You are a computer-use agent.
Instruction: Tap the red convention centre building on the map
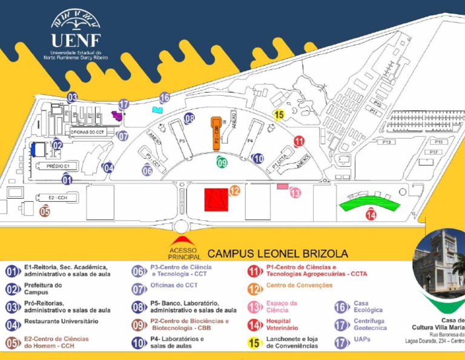(x=216, y=199)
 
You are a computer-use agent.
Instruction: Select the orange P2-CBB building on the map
(x=216, y=132)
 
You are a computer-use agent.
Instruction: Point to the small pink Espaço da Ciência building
(x=282, y=186)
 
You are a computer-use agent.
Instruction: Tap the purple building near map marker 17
(x=116, y=115)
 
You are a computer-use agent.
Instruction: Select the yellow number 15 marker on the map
(x=279, y=115)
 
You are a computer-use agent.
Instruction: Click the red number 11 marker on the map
(x=298, y=141)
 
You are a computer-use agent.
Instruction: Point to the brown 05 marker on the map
(x=45, y=212)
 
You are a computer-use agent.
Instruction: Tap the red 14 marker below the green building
(x=371, y=215)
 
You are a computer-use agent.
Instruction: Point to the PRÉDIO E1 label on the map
(x=58, y=165)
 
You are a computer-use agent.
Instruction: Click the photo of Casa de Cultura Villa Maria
(x=438, y=262)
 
